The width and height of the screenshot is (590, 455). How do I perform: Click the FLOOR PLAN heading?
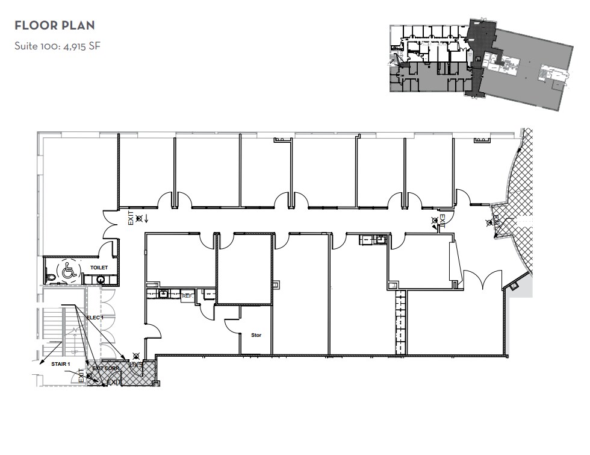point(55,26)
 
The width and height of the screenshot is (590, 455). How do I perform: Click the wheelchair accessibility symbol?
point(67,272)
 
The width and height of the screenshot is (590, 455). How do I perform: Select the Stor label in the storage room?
point(256,335)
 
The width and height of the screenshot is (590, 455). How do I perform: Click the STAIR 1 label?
point(61,364)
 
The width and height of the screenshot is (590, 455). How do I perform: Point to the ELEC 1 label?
point(95,317)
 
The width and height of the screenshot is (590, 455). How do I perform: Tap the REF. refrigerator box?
point(187,296)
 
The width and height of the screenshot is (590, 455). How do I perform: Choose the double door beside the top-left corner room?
point(110,223)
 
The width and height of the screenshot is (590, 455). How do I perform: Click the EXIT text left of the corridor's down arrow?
point(131,218)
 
